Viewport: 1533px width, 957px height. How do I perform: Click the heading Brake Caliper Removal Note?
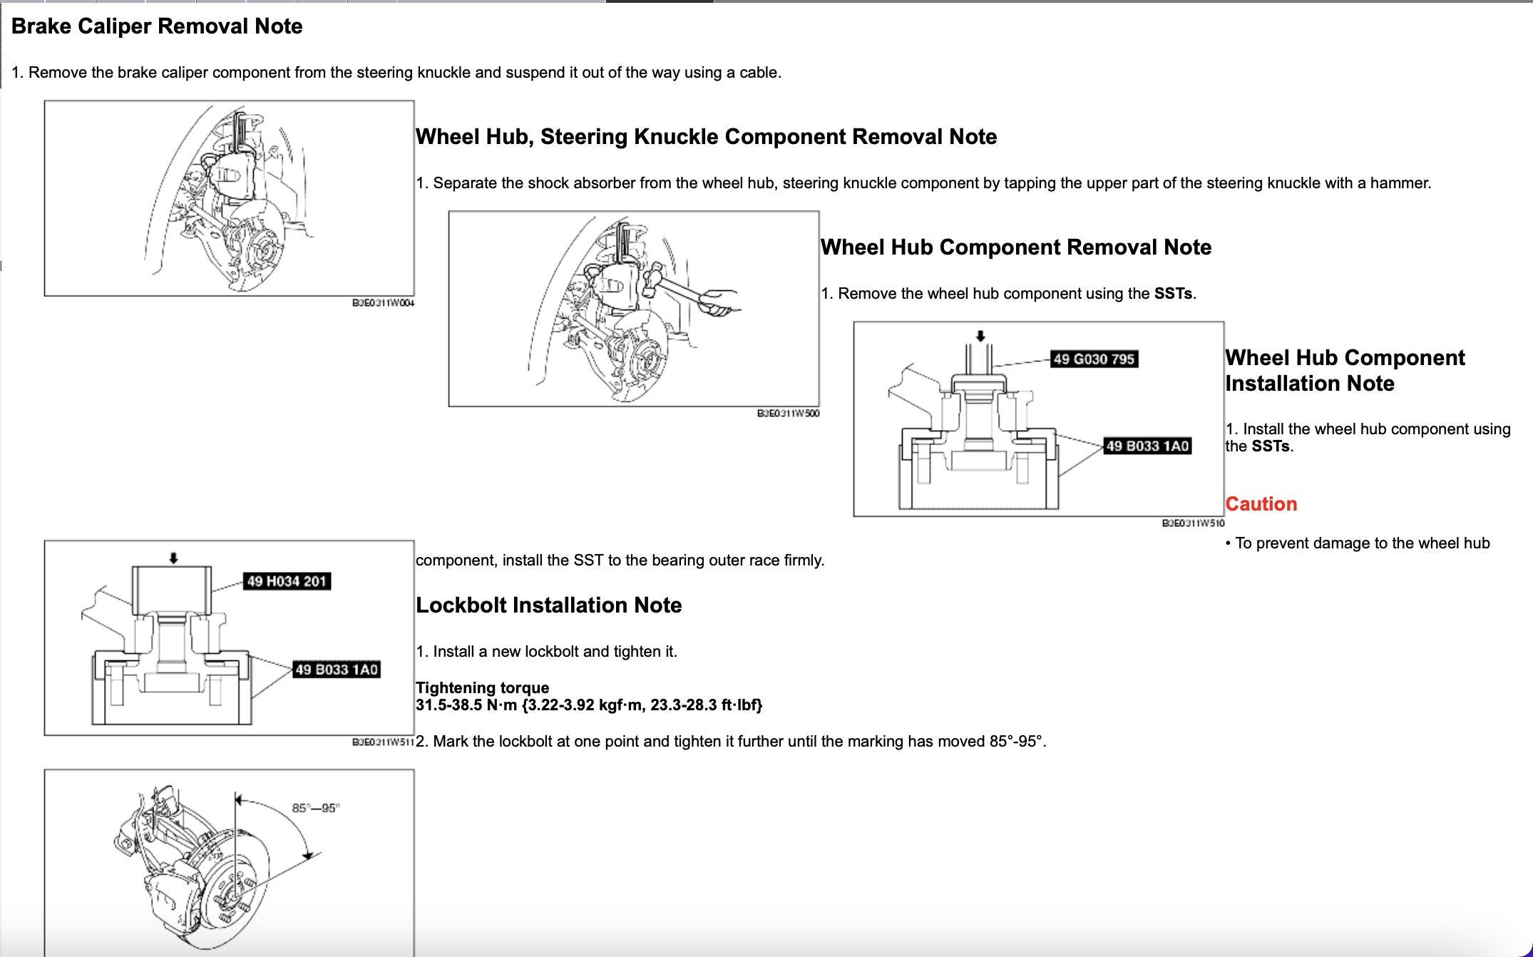(x=157, y=26)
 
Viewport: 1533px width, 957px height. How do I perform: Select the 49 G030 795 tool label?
(x=1094, y=359)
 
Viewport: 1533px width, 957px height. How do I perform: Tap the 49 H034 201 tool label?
(x=287, y=582)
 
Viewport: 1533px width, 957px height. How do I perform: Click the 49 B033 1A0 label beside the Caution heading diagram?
(x=1147, y=446)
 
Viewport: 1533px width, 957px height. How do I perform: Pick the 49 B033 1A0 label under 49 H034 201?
(x=337, y=670)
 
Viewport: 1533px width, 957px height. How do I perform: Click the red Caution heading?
(x=1261, y=504)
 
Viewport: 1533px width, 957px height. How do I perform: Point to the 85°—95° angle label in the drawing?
(x=316, y=808)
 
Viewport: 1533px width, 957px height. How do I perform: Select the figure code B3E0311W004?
(x=383, y=303)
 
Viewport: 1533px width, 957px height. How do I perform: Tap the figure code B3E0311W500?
(x=788, y=414)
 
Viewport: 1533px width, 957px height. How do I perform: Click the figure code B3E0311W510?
(x=1193, y=523)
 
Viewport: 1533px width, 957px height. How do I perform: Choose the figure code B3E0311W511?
(x=383, y=742)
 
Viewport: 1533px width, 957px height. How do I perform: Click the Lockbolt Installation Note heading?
(x=548, y=605)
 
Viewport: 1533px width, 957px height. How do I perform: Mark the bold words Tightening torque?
(x=482, y=688)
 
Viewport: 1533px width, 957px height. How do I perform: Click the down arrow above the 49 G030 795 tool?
(x=980, y=336)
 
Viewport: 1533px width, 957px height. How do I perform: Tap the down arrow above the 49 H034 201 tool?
(x=173, y=559)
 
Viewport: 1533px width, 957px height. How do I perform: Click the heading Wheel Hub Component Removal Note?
(x=1015, y=247)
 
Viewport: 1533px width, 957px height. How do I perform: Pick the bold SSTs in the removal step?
(x=1173, y=294)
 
